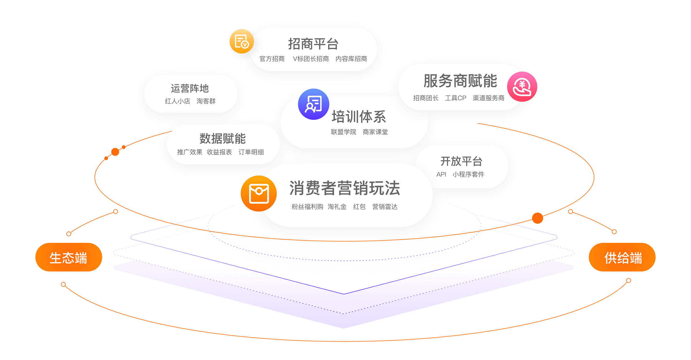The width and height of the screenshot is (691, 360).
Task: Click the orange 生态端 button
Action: point(68,257)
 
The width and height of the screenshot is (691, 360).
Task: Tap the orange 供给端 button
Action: point(622,257)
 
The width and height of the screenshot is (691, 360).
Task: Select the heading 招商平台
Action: point(313,44)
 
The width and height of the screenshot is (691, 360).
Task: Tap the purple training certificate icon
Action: point(313,104)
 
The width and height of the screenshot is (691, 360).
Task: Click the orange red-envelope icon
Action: point(259,193)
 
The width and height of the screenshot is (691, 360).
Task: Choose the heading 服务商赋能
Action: point(460,81)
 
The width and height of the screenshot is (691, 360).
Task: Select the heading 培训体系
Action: point(359,117)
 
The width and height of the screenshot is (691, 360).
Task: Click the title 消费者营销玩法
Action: point(345,188)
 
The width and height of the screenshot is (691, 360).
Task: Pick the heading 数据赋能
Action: point(223,139)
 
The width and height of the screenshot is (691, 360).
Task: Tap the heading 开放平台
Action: point(461,161)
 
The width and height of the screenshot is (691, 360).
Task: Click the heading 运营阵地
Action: point(190,89)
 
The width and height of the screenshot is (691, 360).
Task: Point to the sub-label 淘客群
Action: point(206,101)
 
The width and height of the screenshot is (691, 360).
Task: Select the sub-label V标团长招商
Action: point(311,59)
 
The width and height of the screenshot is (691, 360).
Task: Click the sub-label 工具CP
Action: point(455,98)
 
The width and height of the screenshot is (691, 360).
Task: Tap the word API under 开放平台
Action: point(441,174)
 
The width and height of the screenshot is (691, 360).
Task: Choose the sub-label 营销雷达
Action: point(385,207)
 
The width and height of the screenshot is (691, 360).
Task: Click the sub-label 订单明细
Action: point(251,152)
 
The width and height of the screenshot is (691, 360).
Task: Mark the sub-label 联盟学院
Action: point(343,132)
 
